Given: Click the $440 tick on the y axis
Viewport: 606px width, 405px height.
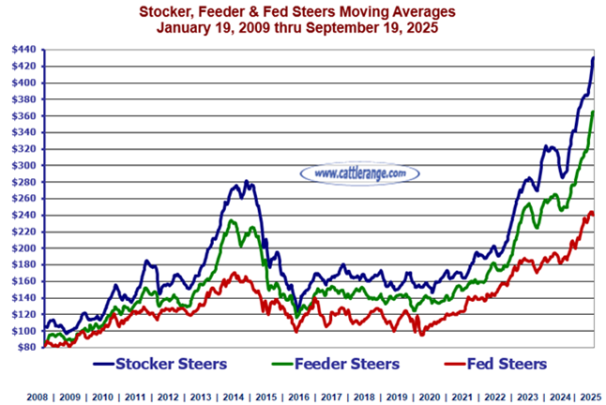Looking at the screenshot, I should point(20,50).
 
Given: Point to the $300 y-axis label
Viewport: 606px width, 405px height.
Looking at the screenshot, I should point(20,165).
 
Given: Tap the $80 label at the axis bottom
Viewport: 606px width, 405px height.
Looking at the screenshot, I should point(23,347).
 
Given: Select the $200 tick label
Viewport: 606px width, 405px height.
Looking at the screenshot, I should point(20,247).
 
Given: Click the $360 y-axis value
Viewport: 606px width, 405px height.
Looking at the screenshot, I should point(20,115).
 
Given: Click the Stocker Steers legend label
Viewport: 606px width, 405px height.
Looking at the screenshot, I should point(163,363).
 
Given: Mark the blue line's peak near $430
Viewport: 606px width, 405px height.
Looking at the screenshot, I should point(593,58).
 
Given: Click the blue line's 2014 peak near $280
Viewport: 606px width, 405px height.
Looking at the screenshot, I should point(246,181).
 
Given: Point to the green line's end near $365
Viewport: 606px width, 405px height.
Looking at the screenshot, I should point(594,112).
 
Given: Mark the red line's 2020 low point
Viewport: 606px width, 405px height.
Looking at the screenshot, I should point(421,335).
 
